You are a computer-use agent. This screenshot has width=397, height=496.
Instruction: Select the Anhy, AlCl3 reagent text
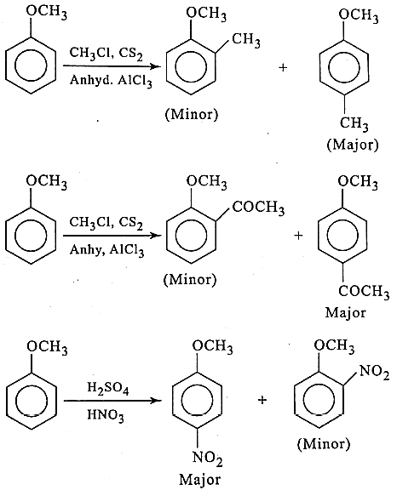click(107, 250)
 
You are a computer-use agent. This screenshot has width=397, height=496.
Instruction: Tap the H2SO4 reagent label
click(108, 389)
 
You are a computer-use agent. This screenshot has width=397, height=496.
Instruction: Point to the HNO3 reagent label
click(106, 416)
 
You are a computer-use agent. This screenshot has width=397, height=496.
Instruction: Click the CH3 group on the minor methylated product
click(246, 41)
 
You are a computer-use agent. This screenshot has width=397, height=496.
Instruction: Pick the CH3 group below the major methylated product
click(354, 123)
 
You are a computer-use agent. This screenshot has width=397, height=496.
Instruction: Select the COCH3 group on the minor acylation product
click(258, 208)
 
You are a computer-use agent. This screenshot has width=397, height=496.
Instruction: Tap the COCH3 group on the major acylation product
click(364, 291)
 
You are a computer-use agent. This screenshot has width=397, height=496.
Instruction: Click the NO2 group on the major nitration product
click(208, 459)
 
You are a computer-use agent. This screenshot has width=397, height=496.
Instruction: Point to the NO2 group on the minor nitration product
click(374, 372)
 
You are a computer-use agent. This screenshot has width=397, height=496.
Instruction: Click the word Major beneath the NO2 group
click(199, 479)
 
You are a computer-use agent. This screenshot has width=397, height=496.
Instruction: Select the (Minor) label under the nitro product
click(324, 444)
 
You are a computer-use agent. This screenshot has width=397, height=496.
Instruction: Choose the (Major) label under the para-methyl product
click(353, 145)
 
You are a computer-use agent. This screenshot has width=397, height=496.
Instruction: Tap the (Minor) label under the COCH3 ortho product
click(190, 280)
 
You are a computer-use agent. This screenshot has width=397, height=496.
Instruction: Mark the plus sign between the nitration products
click(262, 401)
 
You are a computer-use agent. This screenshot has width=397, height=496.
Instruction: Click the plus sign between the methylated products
click(283, 67)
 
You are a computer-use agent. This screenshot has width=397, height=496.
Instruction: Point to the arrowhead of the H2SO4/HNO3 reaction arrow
click(156, 401)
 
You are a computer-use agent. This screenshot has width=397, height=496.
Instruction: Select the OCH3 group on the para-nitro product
click(213, 346)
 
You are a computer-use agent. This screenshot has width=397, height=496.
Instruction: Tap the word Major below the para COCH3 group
click(345, 313)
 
